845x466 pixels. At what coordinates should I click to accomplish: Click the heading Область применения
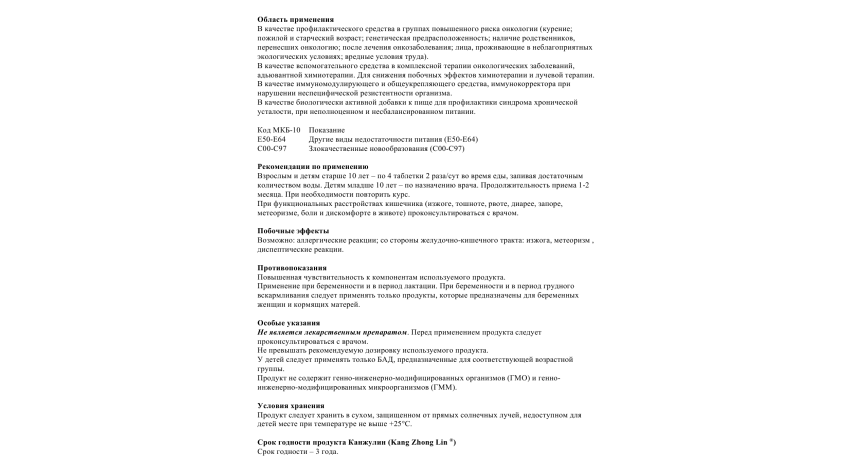(295, 20)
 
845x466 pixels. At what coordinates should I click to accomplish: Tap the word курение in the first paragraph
(557, 29)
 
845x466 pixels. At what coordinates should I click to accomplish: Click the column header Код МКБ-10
(279, 130)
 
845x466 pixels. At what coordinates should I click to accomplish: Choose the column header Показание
(327, 130)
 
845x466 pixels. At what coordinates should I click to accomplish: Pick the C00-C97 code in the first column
(272, 149)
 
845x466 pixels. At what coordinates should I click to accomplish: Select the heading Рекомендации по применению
(313, 167)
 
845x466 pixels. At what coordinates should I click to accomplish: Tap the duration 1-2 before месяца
(584, 185)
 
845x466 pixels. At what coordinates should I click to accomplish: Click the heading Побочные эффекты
(293, 231)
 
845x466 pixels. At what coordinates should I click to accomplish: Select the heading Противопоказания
(292, 268)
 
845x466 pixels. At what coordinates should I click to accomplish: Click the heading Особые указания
(289, 323)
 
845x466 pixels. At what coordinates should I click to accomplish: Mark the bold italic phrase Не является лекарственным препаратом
(332, 332)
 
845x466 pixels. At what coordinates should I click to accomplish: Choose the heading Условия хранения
(291, 406)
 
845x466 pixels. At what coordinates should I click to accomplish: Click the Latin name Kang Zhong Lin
(420, 442)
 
